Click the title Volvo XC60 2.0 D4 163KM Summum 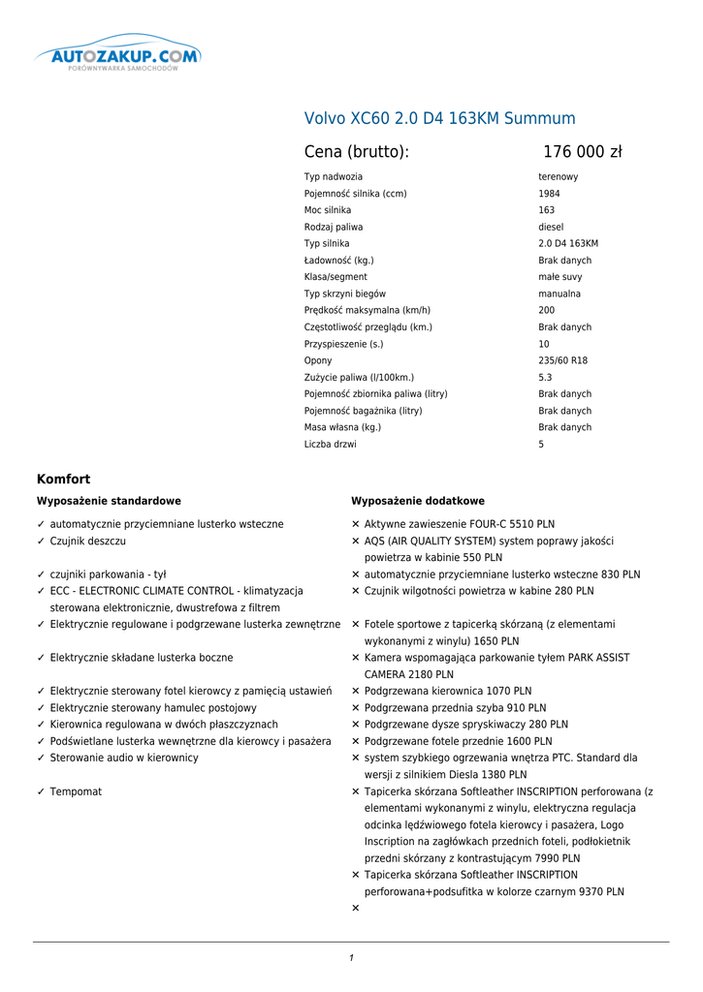coord(439,118)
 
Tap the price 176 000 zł coord(582,152)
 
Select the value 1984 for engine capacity coord(549,194)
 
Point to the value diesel coord(551,227)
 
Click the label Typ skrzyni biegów coord(344,294)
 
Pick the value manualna coord(559,294)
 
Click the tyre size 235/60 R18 coord(562,360)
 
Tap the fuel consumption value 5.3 coord(545,378)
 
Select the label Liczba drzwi coord(330,445)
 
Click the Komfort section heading coord(63,479)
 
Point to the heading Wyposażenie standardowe coord(109,501)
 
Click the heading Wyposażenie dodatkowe coord(417,501)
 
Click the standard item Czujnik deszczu coord(87,541)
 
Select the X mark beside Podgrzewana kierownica coord(356,691)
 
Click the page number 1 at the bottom coord(351,958)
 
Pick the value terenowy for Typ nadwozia coord(558,177)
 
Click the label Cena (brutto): coord(356,152)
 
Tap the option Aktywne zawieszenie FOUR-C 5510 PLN coord(460,524)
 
